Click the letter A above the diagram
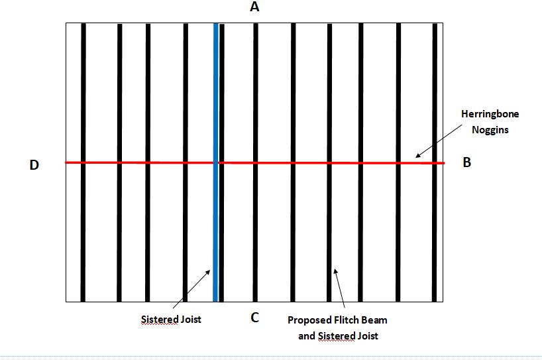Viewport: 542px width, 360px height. point(254,7)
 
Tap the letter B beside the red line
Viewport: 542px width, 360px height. point(466,162)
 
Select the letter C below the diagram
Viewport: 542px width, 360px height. point(254,318)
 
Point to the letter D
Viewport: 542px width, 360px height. point(34,165)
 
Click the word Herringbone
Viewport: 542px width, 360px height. point(490,114)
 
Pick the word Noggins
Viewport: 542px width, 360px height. point(490,130)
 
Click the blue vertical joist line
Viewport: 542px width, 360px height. point(216,162)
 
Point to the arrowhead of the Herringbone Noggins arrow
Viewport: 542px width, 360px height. point(418,155)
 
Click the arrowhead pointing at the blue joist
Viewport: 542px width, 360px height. point(208,272)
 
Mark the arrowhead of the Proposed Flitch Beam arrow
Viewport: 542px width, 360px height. point(335,271)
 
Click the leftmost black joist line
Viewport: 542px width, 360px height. point(83,162)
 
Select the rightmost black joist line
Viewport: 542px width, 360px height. point(435,162)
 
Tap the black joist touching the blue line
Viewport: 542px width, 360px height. point(221,162)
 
